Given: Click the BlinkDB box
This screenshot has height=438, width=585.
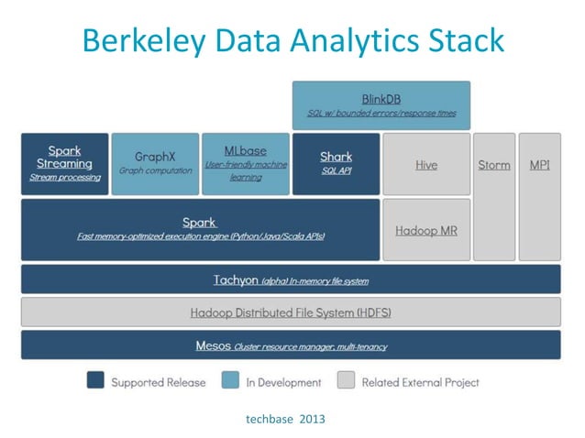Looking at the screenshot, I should tap(381, 105).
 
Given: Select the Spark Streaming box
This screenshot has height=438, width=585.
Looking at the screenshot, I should tap(64, 164).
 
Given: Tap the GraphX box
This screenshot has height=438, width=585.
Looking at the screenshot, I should tap(154, 164).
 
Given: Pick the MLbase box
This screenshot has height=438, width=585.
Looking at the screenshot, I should tap(245, 164).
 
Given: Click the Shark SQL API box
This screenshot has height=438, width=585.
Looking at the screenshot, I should tap(336, 164).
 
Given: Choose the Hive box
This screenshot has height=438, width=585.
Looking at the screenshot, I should tap(425, 165).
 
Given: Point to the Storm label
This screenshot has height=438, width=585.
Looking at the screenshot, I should tap(494, 165).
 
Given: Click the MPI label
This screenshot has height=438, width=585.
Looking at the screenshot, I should tap(540, 165).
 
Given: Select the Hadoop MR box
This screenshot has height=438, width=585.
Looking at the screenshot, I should tap(425, 230).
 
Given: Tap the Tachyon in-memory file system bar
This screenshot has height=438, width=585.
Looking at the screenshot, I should tap(291, 279).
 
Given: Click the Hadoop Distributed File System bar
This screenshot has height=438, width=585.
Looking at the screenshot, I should tap(291, 312).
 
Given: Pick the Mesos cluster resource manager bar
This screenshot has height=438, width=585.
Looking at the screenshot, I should tap(291, 345).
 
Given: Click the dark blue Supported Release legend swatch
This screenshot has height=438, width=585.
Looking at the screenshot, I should tap(95, 380).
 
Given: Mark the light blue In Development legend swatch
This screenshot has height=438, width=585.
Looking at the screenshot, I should tap(230, 380).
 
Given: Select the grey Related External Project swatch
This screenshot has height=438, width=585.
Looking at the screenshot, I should tap(346, 380).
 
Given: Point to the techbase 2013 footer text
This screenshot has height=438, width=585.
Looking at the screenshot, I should tap(285, 419).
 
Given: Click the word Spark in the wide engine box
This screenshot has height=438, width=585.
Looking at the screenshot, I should tap(199, 222).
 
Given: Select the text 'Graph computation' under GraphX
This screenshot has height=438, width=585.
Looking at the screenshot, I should tap(154, 170).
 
